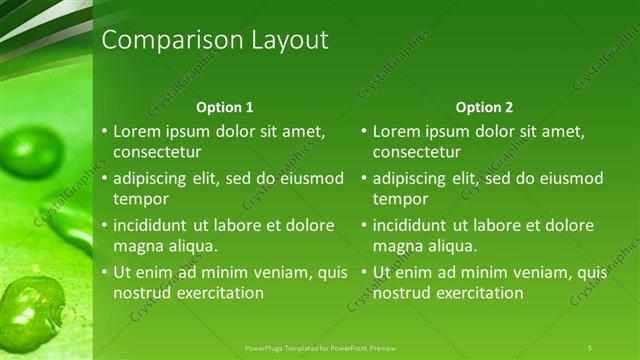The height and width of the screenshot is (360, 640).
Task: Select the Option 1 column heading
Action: (225, 107)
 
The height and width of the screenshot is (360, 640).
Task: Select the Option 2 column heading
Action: (485, 107)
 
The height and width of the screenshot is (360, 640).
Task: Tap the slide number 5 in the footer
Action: (590, 347)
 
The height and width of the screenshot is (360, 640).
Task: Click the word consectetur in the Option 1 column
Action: (158, 152)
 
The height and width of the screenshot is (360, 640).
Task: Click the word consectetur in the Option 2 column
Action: (418, 152)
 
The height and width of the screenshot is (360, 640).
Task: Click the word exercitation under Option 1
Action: (218, 293)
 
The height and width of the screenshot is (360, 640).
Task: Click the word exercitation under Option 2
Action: (478, 293)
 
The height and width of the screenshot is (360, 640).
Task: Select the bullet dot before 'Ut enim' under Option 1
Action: (105, 273)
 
